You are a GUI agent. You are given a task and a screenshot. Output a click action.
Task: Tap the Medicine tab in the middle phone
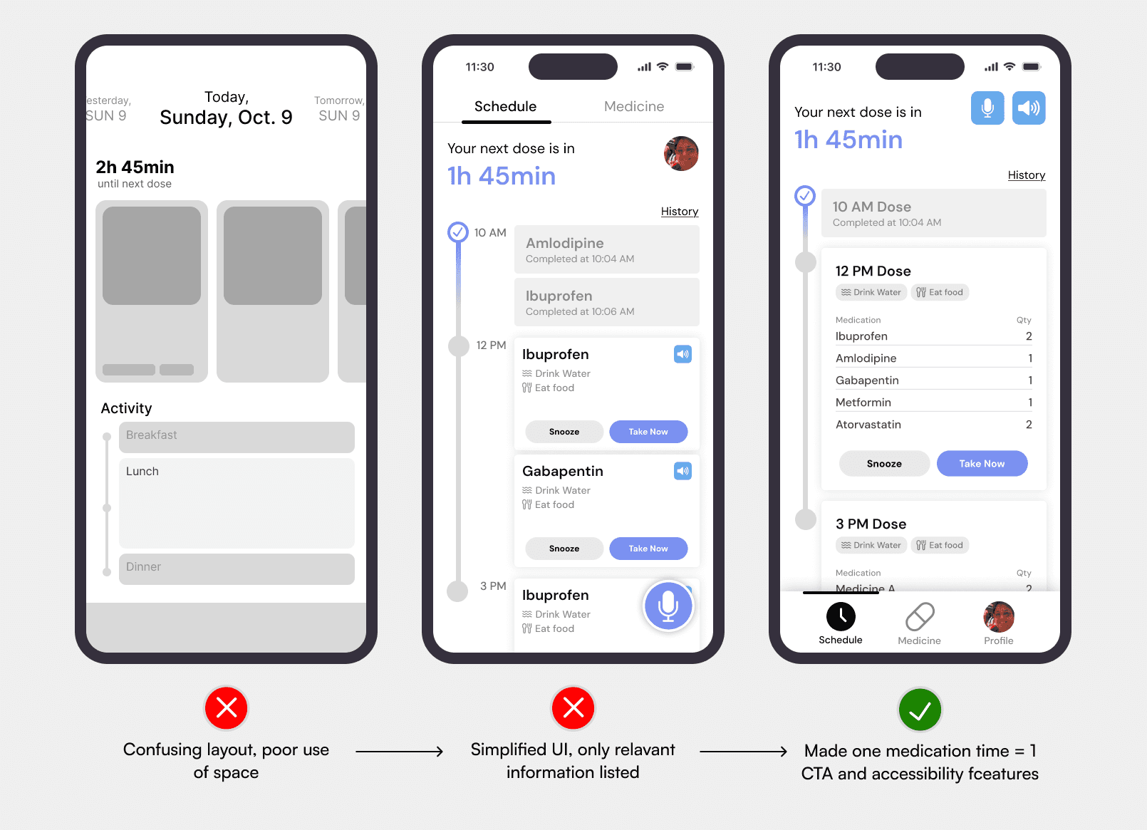[634, 106]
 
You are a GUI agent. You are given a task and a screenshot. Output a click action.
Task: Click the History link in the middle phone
[680, 212]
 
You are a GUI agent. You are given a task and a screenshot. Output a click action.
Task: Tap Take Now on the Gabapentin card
[648, 549]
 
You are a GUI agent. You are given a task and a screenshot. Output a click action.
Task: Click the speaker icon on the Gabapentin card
[683, 471]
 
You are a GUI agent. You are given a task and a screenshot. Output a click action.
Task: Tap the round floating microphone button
[668, 606]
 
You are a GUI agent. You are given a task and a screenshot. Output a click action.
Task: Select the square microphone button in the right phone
[987, 108]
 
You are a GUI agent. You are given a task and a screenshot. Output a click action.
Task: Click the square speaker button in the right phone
[1029, 108]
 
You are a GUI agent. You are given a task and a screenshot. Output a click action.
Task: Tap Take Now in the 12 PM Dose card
[982, 463]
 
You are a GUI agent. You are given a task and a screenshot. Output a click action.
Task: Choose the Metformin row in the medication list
[933, 403]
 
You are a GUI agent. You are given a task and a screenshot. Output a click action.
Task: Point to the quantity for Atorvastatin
[1029, 425]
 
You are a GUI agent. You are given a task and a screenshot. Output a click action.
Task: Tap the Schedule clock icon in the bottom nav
[841, 616]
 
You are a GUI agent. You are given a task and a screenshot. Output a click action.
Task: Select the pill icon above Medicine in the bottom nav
[920, 616]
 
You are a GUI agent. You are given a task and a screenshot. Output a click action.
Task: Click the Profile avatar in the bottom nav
[999, 617]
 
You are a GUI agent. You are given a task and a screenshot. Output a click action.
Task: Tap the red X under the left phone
[227, 708]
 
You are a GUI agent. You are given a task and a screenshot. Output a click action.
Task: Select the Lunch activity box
[237, 503]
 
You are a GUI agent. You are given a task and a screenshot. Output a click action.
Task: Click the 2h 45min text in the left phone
[135, 167]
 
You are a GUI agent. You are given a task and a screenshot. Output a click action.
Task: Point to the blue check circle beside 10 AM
[458, 232]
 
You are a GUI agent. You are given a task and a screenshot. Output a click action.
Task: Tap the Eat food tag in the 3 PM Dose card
[940, 545]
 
